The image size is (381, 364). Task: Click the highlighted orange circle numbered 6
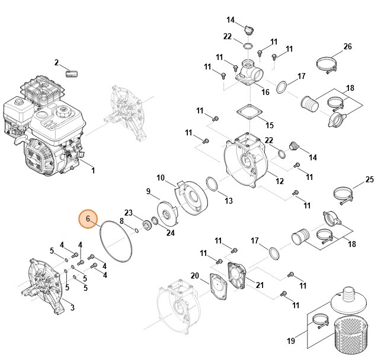[x=88, y=219]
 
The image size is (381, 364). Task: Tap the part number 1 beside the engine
[x=93, y=171]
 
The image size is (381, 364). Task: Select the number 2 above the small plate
[x=57, y=62]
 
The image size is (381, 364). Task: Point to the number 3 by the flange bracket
[x=72, y=307]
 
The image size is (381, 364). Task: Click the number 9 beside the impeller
[x=148, y=191]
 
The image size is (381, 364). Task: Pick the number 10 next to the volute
[x=160, y=178]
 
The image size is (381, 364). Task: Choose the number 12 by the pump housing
[x=280, y=181]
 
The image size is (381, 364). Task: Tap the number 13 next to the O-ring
[x=228, y=201]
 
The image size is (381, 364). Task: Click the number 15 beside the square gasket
[x=270, y=125]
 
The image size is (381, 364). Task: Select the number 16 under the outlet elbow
[x=265, y=92]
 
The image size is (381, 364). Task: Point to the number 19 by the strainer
[x=291, y=340]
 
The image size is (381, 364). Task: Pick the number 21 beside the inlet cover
[x=259, y=284]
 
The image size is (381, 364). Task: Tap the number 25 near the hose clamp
[x=369, y=179]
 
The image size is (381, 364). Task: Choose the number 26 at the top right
[x=348, y=46]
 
